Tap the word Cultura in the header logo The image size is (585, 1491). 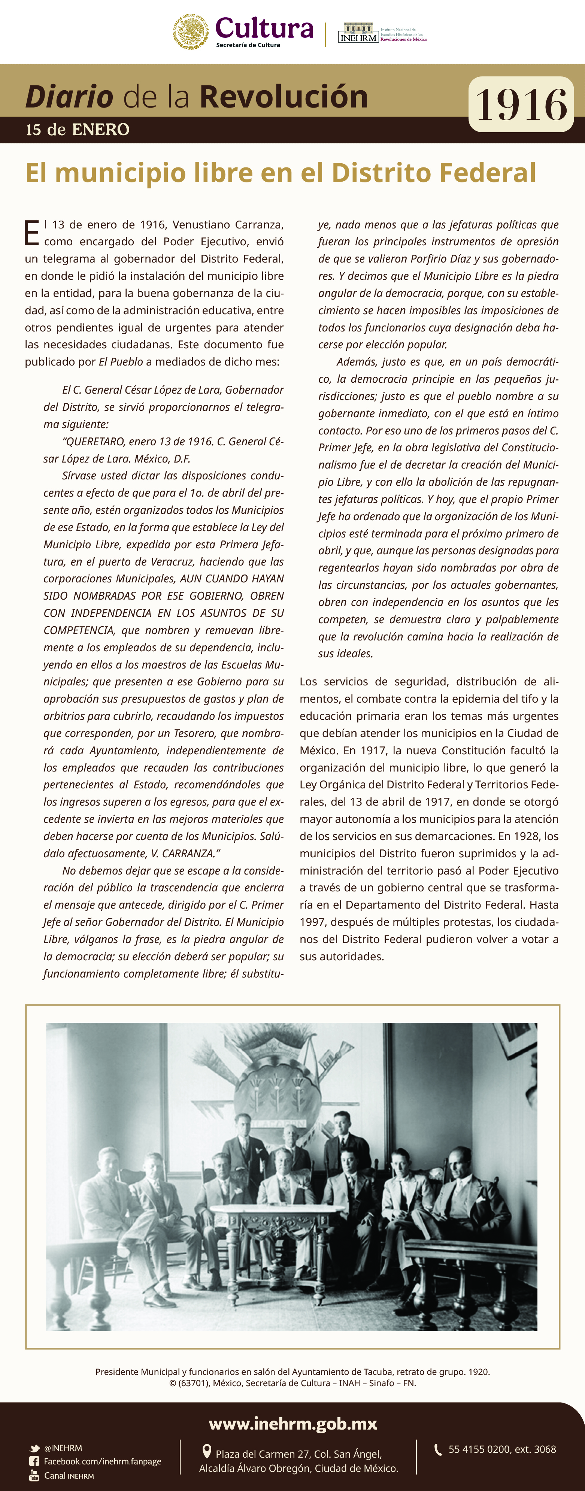[264, 28]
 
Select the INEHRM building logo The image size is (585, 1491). [358, 33]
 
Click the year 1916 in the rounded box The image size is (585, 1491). [521, 105]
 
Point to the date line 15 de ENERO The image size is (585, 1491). [78, 130]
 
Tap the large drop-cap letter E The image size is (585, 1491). [32, 233]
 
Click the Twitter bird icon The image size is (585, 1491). [35, 1448]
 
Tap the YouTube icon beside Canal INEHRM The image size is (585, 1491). [34, 1475]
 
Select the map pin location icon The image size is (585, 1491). [207, 1451]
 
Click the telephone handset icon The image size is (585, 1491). [439, 1449]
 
